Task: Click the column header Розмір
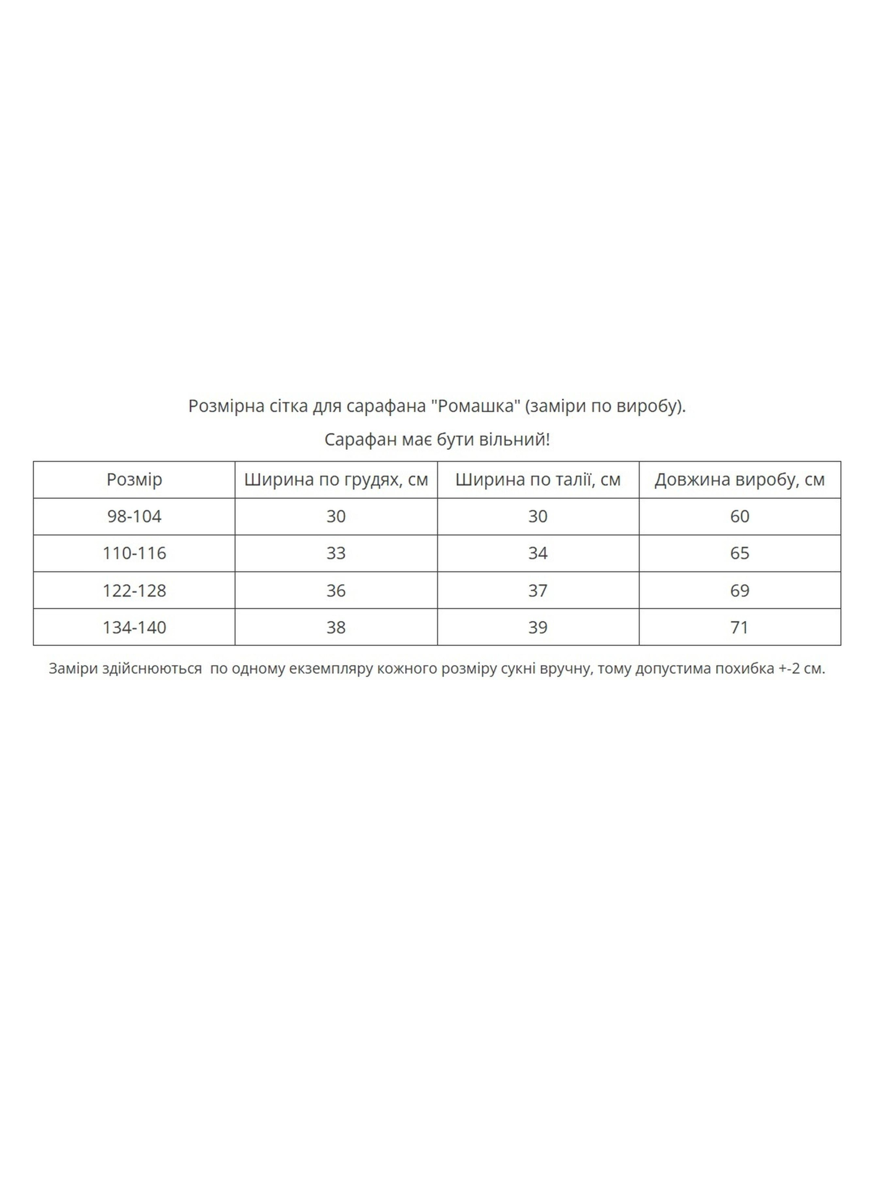134,480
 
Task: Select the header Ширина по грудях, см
336,480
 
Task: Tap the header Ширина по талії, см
537,480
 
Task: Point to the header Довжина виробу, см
739,480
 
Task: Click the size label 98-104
134,516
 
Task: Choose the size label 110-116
134,553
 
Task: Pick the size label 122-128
134,591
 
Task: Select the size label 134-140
134,627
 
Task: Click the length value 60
739,516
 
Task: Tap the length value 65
739,553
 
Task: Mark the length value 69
739,591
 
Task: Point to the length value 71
739,627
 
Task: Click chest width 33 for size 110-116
336,553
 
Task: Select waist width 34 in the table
537,553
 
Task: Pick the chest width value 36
336,591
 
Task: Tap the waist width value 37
537,591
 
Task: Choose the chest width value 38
336,627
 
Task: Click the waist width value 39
537,627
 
